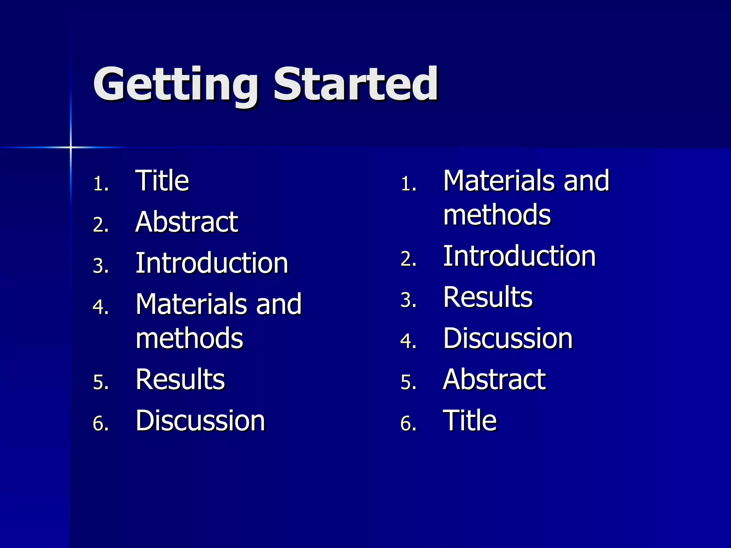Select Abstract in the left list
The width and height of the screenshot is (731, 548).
(x=187, y=222)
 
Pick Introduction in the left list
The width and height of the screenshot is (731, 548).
(x=212, y=263)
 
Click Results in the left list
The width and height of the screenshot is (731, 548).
(x=180, y=379)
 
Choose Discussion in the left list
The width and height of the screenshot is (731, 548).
(x=200, y=421)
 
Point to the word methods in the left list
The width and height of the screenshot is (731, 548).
(x=189, y=338)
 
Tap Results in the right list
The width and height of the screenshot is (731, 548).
(x=488, y=297)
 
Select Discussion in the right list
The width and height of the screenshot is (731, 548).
(x=508, y=338)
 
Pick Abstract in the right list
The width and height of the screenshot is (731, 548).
(x=494, y=379)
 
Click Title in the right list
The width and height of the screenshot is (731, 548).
(x=469, y=421)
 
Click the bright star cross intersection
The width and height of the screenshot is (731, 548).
(x=71, y=147)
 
